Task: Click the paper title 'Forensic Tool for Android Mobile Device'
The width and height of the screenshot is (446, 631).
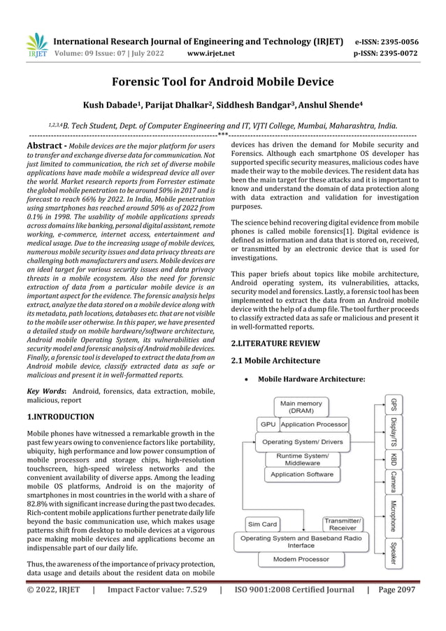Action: (x=223, y=81)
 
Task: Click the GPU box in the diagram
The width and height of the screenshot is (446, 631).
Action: (x=268, y=424)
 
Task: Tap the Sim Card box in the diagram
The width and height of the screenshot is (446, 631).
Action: (x=262, y=524)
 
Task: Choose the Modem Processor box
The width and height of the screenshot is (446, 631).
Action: (x=302, y=560)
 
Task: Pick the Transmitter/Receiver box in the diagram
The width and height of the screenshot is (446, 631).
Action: (x=343, y=524)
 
